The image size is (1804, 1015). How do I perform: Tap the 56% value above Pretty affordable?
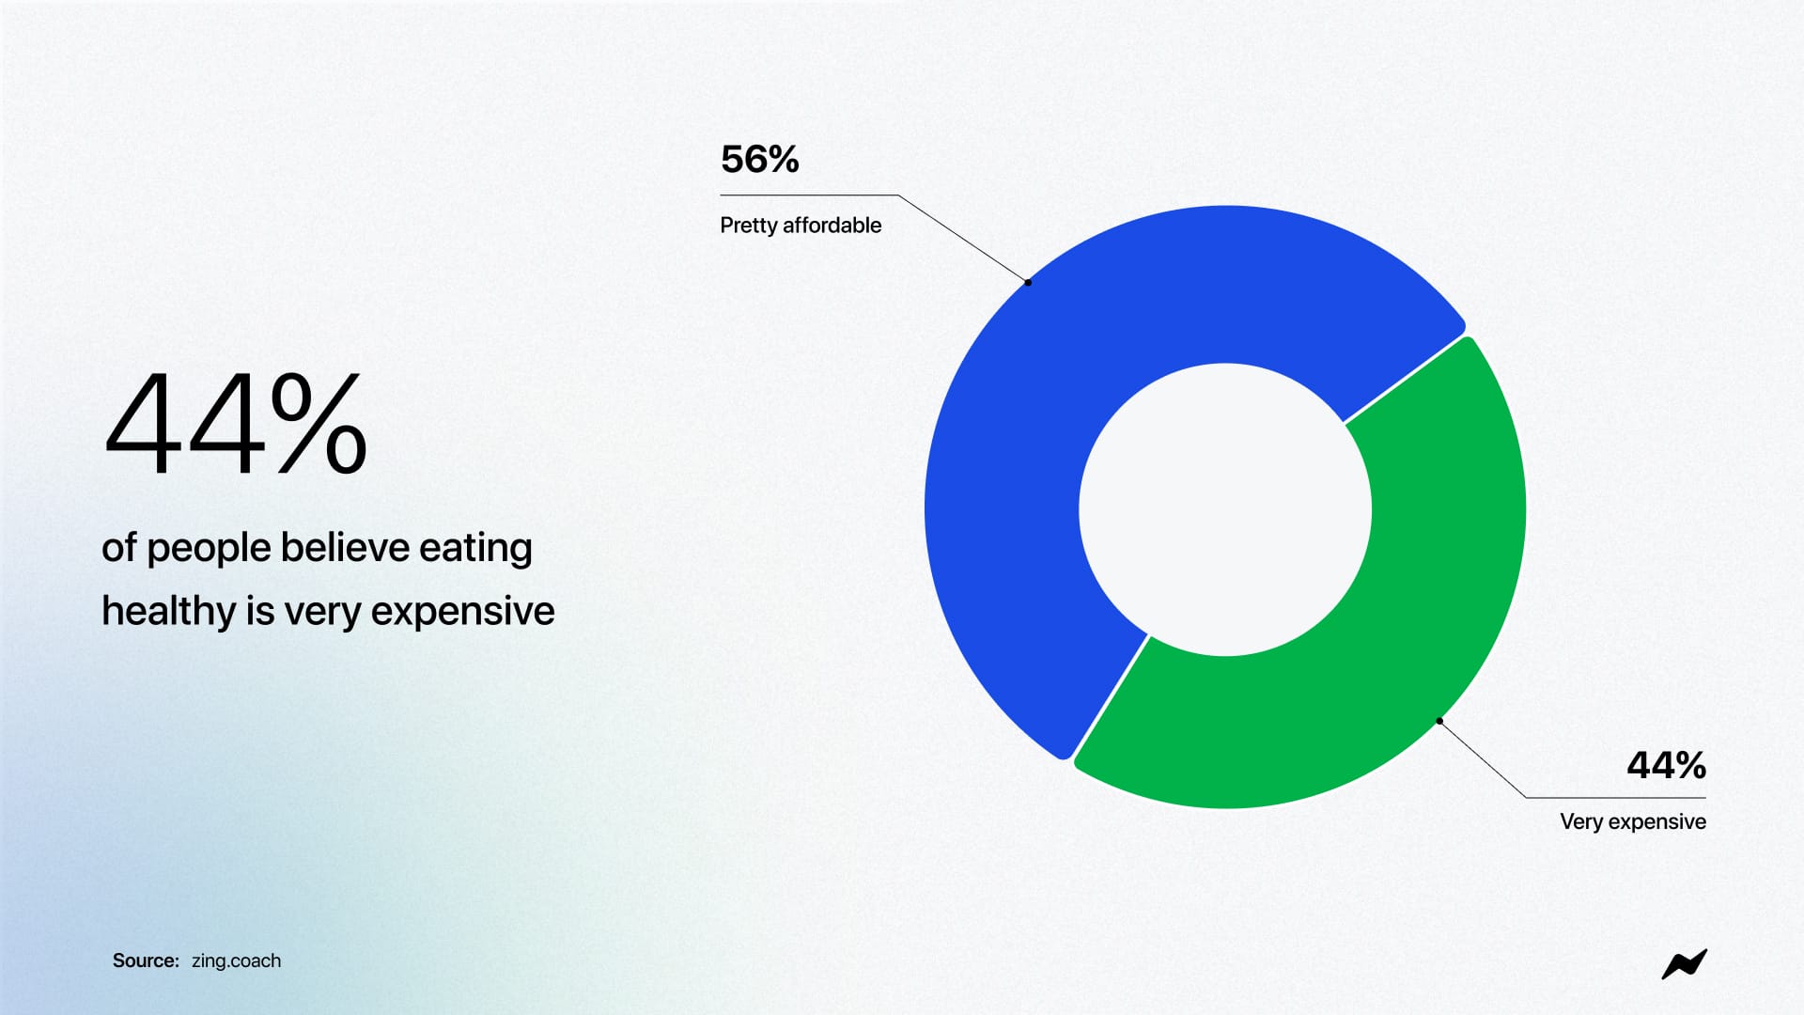(x=759, y=160)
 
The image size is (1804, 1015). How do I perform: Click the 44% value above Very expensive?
(x=1666, y=765)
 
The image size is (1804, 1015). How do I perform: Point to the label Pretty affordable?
(x=801, y=226)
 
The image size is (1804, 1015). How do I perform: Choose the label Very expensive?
(x=1633, y=821)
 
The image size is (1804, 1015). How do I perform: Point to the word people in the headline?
(x=209, y=549)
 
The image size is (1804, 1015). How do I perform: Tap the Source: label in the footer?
(x=146, y=960)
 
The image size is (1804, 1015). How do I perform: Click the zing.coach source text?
(x=236, y=960)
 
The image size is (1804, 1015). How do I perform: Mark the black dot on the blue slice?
(x=1028, y=282)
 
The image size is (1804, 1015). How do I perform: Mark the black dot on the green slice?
(x=1439, y=721)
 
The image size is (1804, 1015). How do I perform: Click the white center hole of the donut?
(x=1225, y=509)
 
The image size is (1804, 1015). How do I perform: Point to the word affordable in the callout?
(x=832, y=226)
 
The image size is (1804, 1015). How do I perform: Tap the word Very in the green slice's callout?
(x=1581, y=821)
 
